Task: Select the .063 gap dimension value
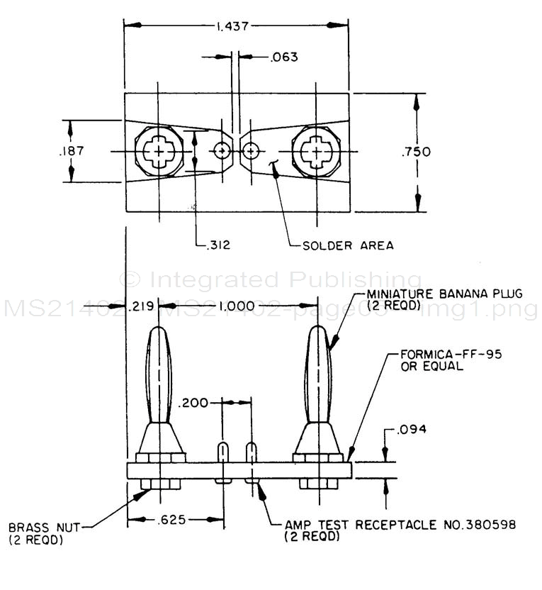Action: [x=283, y=57]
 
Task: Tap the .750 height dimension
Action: [x=416, y=151]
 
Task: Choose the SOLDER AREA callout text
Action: [x=348, y=246]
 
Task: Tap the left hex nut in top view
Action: [x=159, y=152]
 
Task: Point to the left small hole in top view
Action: [x=222, y=151]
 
